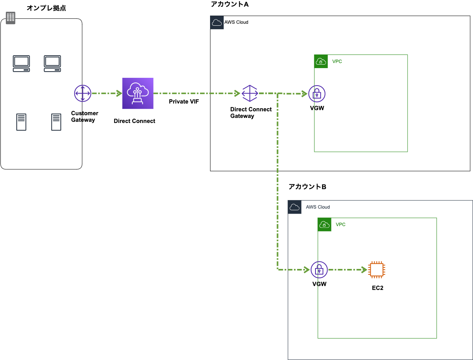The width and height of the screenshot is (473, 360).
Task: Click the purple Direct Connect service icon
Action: click(138, 93)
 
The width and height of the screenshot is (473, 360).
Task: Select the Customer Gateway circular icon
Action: click(82, 93)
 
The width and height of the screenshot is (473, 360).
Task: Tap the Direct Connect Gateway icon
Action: click(250, 93)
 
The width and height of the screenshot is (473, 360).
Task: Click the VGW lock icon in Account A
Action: click(317, 93)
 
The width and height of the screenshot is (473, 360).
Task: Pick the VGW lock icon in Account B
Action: click(319, 269)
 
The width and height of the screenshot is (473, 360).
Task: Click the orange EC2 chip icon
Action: click(377, 269)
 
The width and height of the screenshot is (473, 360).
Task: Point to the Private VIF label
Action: click(184, 102)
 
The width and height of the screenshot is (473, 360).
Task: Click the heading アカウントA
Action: click(229, 4)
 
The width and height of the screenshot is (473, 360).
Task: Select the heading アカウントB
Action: click(307, 187)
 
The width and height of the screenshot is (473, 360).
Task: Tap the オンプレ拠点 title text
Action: click(46, 8)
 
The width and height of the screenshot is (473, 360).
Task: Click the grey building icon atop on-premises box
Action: click(11, 18)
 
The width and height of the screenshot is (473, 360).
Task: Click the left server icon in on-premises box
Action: click(21, 122)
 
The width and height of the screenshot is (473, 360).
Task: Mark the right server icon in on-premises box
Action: click(56, 122)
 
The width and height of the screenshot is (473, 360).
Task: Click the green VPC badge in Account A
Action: click(321, 61)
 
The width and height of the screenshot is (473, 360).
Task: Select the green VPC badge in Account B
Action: click(324, 225)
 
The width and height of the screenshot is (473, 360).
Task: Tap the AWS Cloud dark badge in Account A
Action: click(217, 23)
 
